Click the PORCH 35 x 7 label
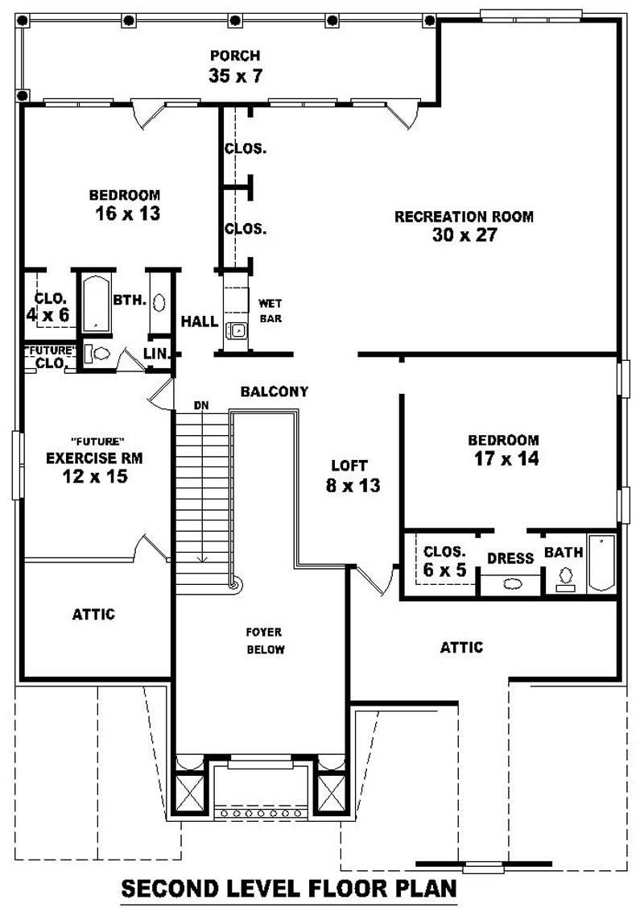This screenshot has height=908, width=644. point(235,67)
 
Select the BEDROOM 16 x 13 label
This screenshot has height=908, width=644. point(124,205)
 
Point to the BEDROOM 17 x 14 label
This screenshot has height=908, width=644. point(504,450)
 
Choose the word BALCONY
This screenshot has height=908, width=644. point(275,392)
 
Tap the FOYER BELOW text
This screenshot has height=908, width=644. point(265,641)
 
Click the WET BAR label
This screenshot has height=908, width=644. point(269,311)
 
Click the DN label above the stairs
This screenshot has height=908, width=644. point(201,405)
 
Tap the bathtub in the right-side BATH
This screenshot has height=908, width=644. point(601,563)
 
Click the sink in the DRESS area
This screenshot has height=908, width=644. point(512,584)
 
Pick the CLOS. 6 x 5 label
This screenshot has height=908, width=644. point(444,561)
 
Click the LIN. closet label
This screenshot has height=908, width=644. point(155,353)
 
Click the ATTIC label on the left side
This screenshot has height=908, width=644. point(93,614)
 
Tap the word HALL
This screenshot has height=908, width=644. point(199,321)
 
